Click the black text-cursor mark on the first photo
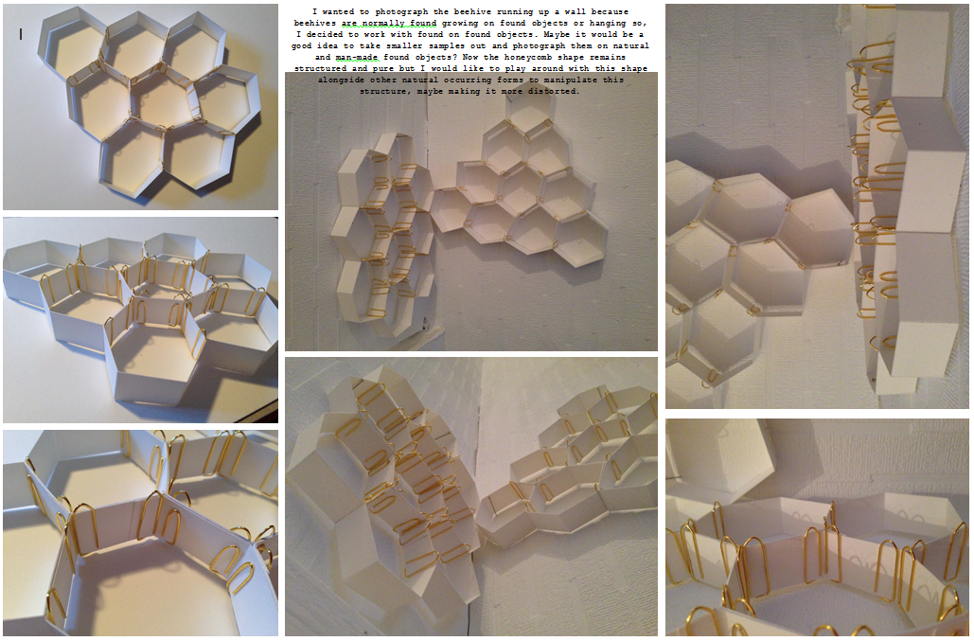pos(20,34)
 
